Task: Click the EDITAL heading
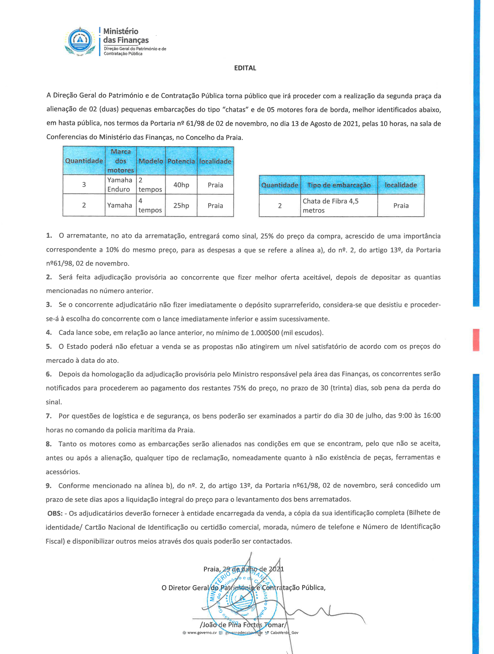pyautogui.click(x=245, y=68)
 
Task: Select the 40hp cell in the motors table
pyautogui.click(x=181, y=185)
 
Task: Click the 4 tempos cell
pyautogui.click(x=150, y=205)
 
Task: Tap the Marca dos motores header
pyautogui.click(x=121, y=161)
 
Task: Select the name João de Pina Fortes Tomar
pyautogui.click(x=243, y=625)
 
